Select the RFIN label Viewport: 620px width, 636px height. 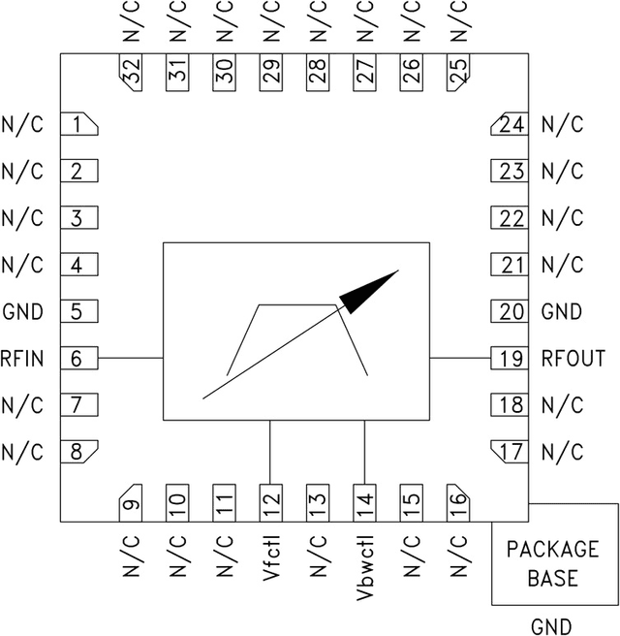pos(23,359)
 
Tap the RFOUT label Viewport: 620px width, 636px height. pos(573,359)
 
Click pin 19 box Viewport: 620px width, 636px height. pos(510,358)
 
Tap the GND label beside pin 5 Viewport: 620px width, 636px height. pos(23,312)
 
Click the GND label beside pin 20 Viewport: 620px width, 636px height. pos(562,312)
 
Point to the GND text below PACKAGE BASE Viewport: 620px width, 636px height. pos(551,625)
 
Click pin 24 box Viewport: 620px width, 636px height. pos(510,124)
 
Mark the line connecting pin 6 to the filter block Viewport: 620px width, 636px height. pos(131,358)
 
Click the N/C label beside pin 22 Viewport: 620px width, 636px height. pos(562,218)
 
